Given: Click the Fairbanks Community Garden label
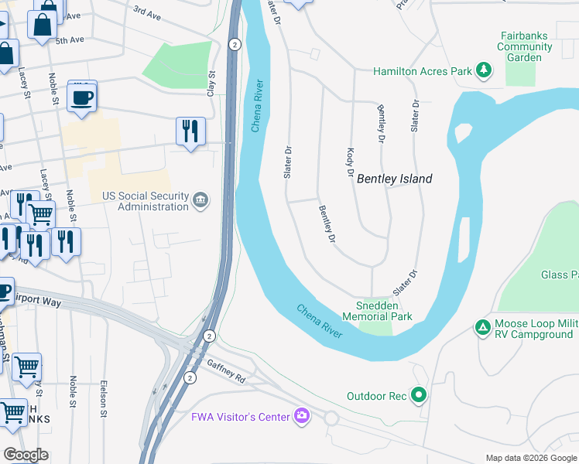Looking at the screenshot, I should coord(525,46).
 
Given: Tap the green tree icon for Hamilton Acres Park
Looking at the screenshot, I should coord(484,71).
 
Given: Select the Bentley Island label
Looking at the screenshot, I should coord(394,179).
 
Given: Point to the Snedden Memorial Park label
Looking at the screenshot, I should coord(377,311).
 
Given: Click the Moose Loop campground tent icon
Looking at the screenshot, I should coord(483,327).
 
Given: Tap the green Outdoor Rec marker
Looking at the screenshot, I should coord(420,396).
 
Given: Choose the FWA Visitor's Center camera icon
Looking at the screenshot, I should coord(302,417).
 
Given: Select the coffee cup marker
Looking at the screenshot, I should coord(82,97).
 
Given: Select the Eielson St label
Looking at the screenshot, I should coord(103,398).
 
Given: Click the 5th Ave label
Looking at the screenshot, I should coord(68,39).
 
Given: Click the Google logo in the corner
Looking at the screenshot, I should coord(26,455).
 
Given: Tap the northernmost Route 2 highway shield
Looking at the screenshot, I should coord(234,45).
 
